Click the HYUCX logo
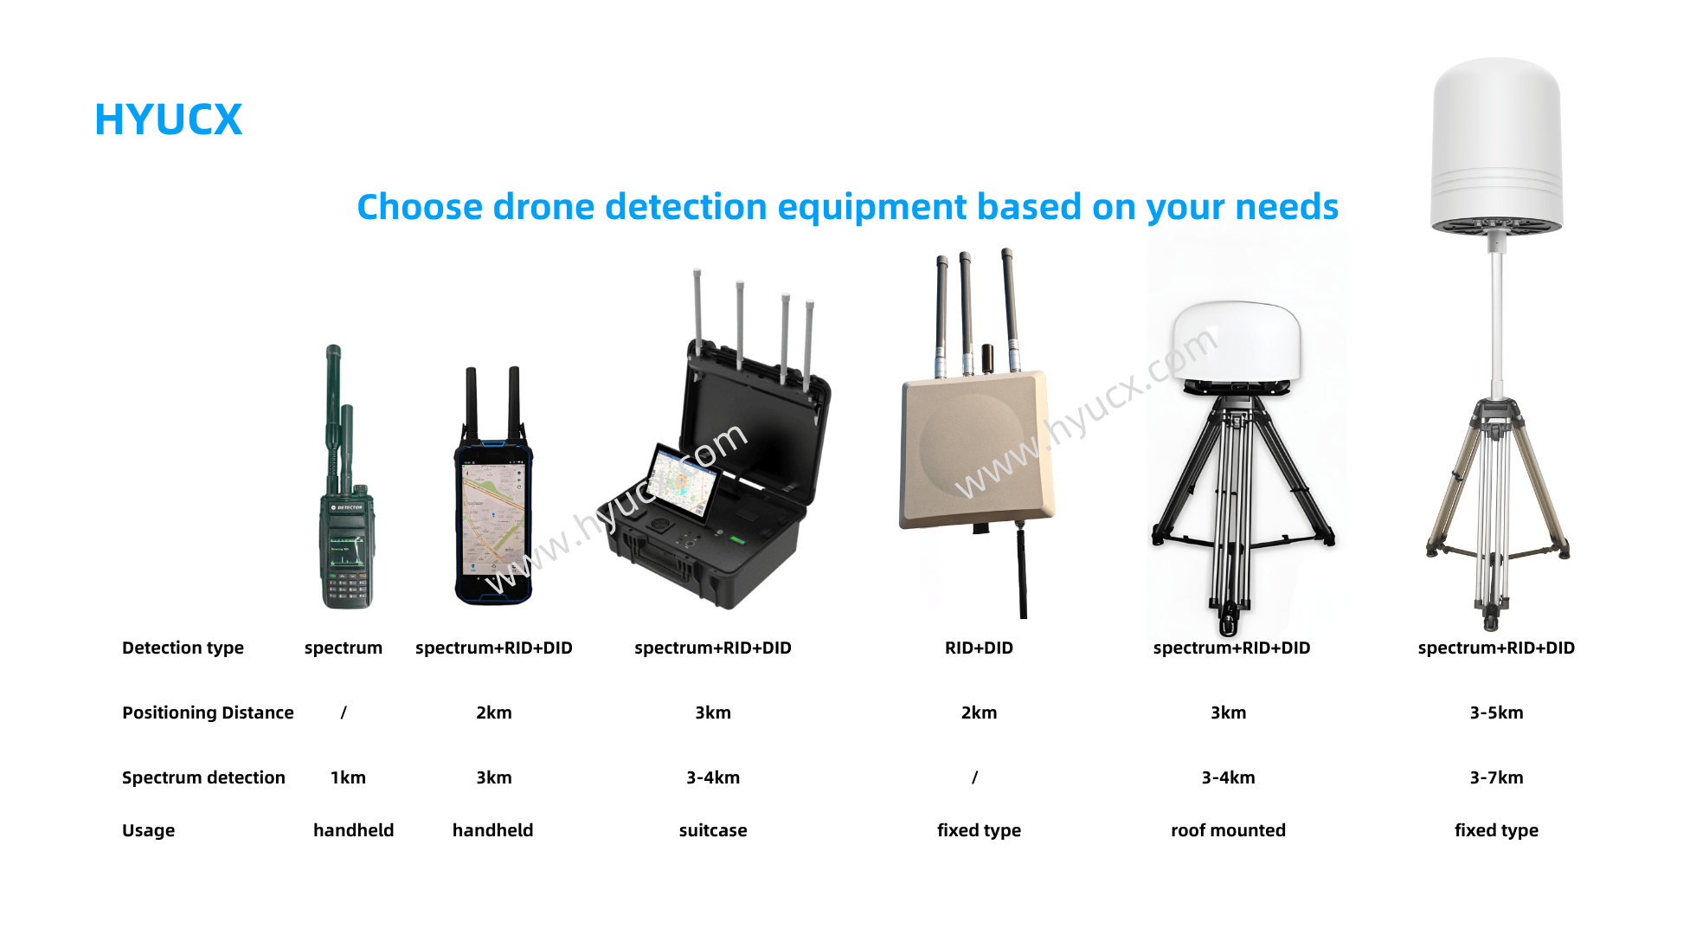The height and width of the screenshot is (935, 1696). (x=168, y=119)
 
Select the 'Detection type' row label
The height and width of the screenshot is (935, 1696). (x=183, y=648)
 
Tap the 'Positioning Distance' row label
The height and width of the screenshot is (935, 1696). (x=208, y=713)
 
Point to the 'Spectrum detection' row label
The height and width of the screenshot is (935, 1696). (x=203, y=777)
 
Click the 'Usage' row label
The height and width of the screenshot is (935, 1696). (x=148, y=830)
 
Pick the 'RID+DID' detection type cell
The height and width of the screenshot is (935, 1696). (x=979, y=648)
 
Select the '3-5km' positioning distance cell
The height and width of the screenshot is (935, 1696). (x=1496, y=713)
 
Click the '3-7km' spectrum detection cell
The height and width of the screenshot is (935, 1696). (x=1496, y=777)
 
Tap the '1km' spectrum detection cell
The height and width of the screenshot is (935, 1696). (x=348, y=777)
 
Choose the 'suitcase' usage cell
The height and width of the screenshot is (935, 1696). (x=713, y=830)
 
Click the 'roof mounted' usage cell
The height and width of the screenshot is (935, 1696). (x=1228, y=830)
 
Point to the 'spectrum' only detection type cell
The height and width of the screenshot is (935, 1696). (x=344, y=648)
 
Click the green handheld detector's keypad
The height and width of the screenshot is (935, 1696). (x=348, y=587)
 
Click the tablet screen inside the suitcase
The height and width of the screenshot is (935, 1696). (x=684, y=481)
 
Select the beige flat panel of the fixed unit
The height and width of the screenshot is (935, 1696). (x=977, y=448)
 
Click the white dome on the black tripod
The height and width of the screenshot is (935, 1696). (x=1237, y=342)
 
